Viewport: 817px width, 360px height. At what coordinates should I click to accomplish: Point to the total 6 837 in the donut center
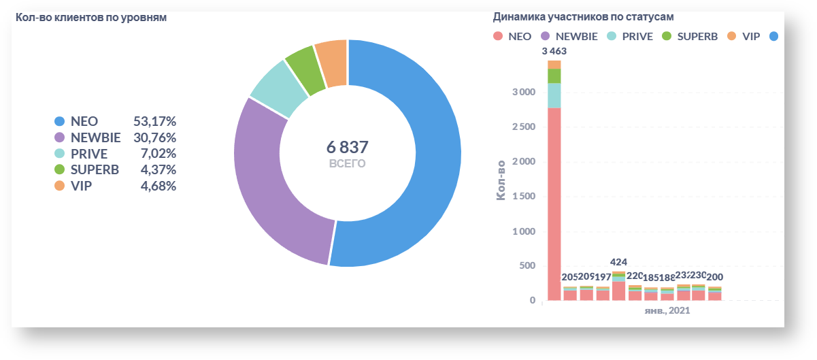pos(347,147)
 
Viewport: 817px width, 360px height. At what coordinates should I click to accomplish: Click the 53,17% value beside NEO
pos(154,121)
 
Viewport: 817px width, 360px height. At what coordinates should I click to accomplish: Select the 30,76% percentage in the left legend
pos(154,137)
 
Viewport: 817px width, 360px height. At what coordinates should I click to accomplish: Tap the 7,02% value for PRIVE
pos(158,153)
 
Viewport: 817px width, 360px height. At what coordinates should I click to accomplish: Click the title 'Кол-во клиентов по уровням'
pos(91,18)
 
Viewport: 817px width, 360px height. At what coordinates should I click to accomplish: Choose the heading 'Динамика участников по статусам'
pos(588,16)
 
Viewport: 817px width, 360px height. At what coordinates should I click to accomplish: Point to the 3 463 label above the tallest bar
pos(554,50)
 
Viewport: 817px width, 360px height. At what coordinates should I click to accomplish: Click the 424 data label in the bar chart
pos(618,262)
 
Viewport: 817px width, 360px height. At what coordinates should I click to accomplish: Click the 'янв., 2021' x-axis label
pos(668,310)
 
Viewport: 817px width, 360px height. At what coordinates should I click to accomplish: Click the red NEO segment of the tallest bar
pos(554,204)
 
